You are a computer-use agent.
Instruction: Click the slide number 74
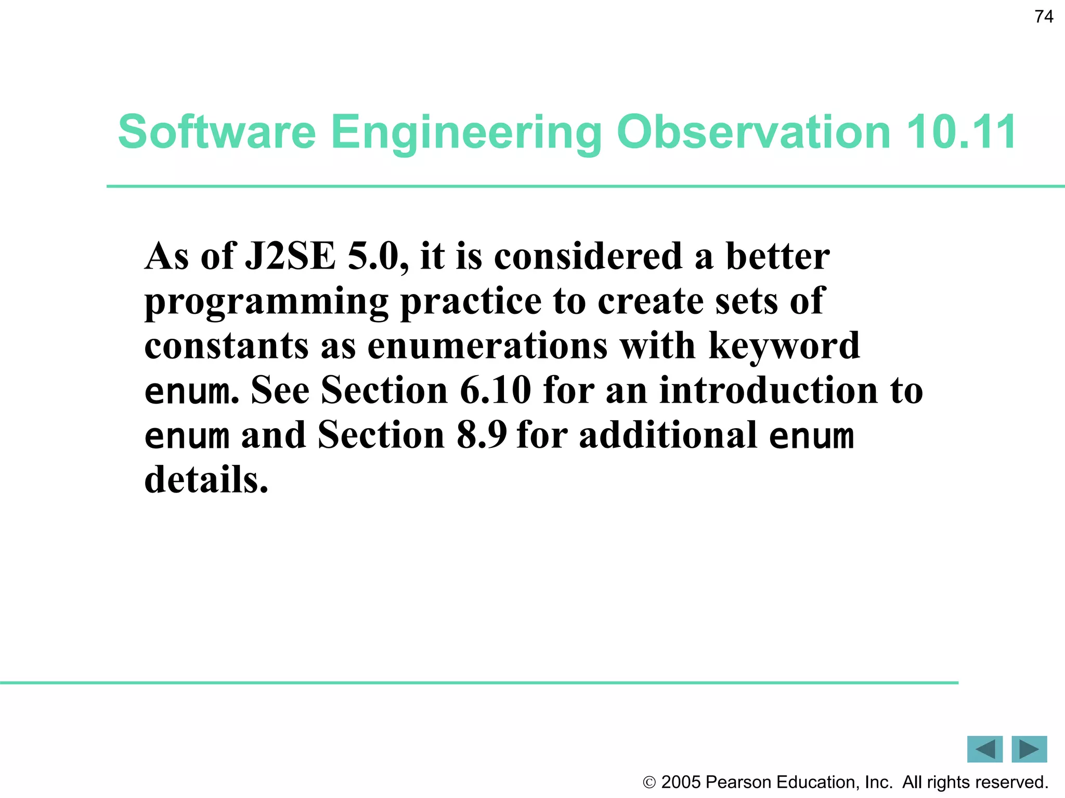point(1044,17)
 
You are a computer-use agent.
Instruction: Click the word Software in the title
point(217,132)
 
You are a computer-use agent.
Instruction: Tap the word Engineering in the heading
point(466,133)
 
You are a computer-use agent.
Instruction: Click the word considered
point(588,256)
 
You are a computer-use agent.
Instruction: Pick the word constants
point(226,346)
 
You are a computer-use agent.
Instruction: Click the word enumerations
point(487,346)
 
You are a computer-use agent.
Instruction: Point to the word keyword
point(784,346)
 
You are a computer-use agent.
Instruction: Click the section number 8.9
point(482,435)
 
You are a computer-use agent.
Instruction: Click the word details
point(206,480)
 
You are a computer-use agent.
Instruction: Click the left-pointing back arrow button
point(984,749)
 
